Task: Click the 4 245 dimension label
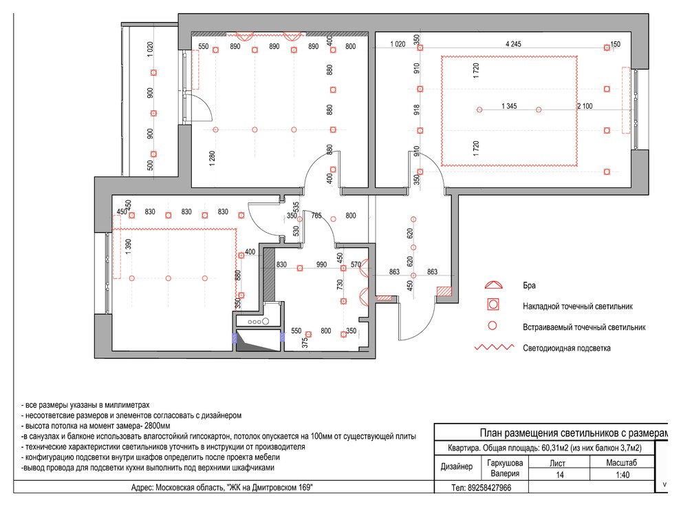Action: [x=513, y=44]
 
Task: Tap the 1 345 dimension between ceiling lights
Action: [x=509, y=106]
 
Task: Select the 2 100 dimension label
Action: [x=585, y=106]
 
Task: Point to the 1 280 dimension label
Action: [x=212, y=158]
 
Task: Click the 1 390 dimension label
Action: [x=128, y=247]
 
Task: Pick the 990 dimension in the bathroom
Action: [x=321, y=265]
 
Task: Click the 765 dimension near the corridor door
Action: [x=316, y=216]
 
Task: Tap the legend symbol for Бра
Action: [x=493, y=285]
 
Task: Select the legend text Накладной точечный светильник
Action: [x=578, y=306]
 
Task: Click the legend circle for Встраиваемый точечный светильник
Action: [x=492, y=325]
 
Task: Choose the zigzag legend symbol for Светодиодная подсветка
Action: [x=494, y=347]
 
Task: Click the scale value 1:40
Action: [x=623, y=475]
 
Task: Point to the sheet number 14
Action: [x=560, y=475]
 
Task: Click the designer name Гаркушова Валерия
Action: [x=505, y=468]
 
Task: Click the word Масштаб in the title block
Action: [x=622, y=463]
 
